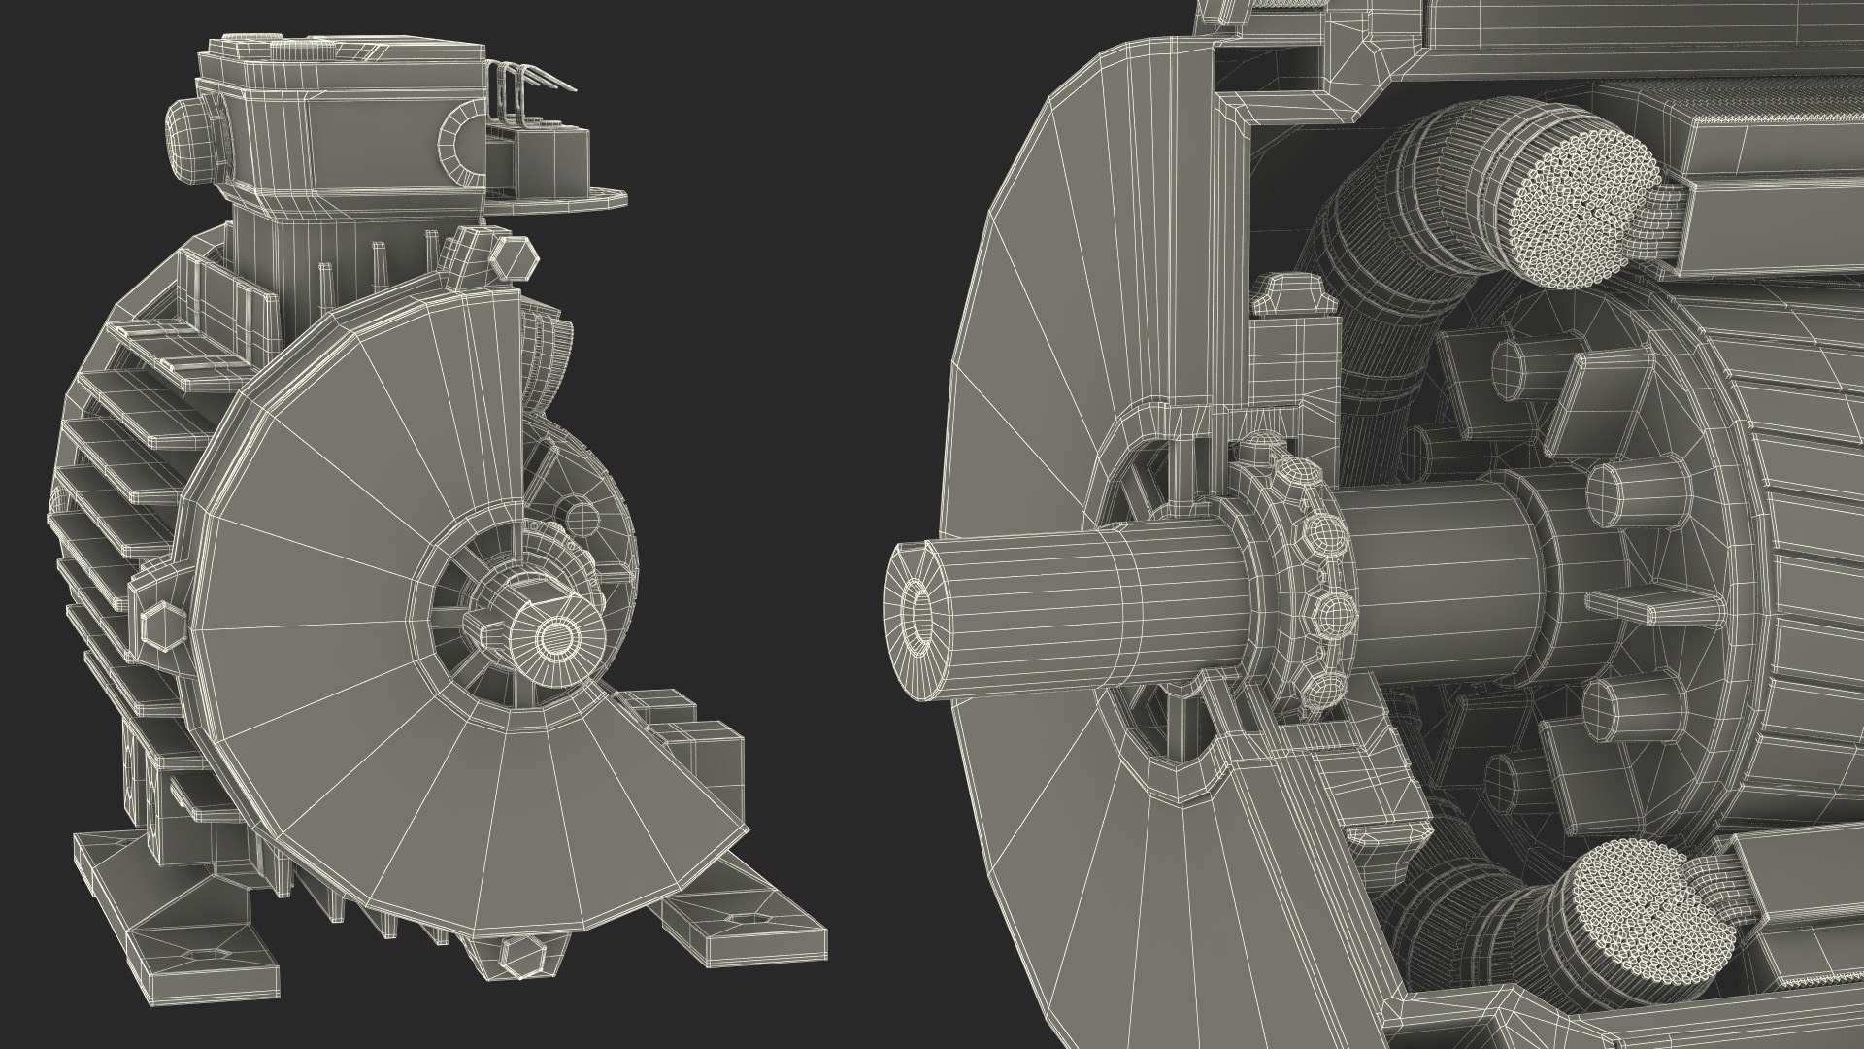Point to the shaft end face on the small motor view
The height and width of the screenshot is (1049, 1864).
point(554,636)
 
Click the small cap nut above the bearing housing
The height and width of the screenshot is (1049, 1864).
point(1291,291)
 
